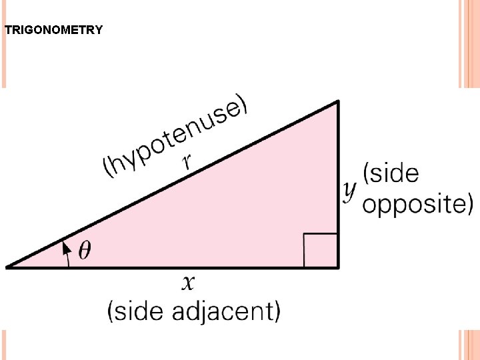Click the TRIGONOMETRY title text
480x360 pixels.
point(53,30)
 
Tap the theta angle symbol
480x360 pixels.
point(85,251)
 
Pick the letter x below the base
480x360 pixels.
point(189,283)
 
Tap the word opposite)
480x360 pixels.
point(417,204)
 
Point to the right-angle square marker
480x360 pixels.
point(320,250)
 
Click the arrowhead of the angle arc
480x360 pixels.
point(66,247)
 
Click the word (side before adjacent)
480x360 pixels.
point(137,311)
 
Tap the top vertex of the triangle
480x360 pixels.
point(338,102)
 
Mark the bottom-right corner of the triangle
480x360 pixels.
point(338,267)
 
